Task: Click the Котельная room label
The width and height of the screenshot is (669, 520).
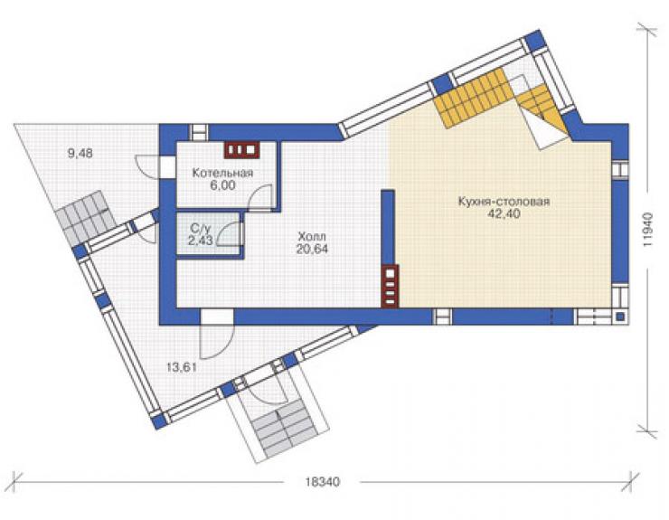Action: click(x=222, y=173)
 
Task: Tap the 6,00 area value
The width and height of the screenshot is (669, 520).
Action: click(x=222, y=185)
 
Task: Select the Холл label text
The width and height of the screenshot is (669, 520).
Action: click(x=312, y=236)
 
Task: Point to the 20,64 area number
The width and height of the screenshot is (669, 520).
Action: click(x=312, y=249)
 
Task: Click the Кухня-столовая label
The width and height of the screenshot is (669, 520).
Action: click(x=504, y=202)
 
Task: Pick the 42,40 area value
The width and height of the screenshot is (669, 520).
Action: click(x=504, y=214)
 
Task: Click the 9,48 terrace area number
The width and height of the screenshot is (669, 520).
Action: click(x=80, y=153)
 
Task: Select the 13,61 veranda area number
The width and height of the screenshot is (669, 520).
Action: click(x=182, y=367)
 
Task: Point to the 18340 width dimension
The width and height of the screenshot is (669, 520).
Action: click(x=323, y=482)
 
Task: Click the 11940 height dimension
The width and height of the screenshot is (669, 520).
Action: click(x=648, y=230)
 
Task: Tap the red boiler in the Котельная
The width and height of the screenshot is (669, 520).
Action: click(x=242, y=150)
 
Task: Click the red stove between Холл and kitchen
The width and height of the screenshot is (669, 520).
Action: click(x=390, y=286)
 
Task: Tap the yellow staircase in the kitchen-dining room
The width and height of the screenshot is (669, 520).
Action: click(x=498, y=101)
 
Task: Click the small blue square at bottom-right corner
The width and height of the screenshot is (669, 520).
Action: click(x=620, y=317)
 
